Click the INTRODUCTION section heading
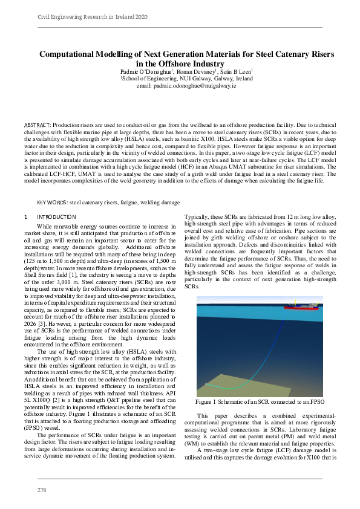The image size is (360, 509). coord(56,216)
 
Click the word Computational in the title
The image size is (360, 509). coord(72,54)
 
